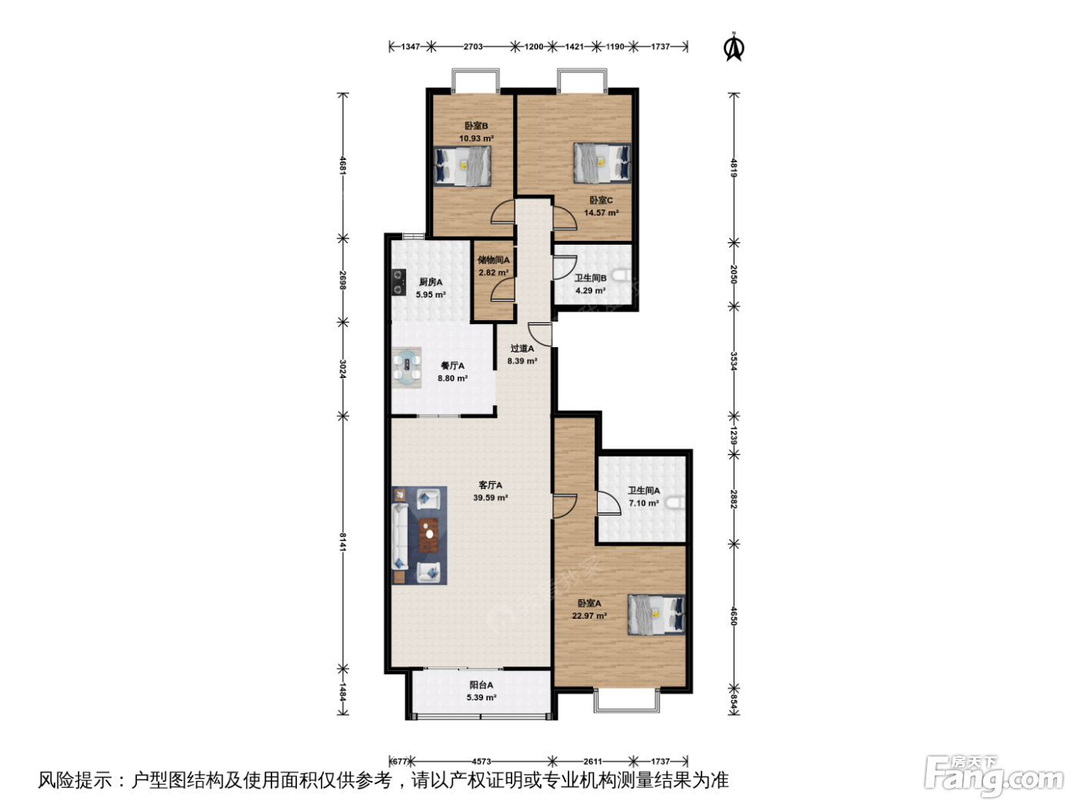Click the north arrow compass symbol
click(734, 48)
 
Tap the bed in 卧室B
click(462, 165)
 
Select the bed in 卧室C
click(602, 163)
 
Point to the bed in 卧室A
click(656, 614)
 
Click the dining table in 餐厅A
click(407, 368)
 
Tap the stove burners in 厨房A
click(398, 282)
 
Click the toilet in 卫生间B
click(624, 276)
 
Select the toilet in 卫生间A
click(677, 502)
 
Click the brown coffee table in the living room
click(428, 535)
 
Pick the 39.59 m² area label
click(490, 497)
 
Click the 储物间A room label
click(494, 260)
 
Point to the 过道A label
click(522, 349)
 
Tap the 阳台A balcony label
click(482, 685)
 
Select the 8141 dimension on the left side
click(343, 542)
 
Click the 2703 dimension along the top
click(473, 47)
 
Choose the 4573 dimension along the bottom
click(482, 761)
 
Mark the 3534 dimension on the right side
click(734, 361)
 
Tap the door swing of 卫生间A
click(609, 502)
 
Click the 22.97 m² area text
click(589, 616)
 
